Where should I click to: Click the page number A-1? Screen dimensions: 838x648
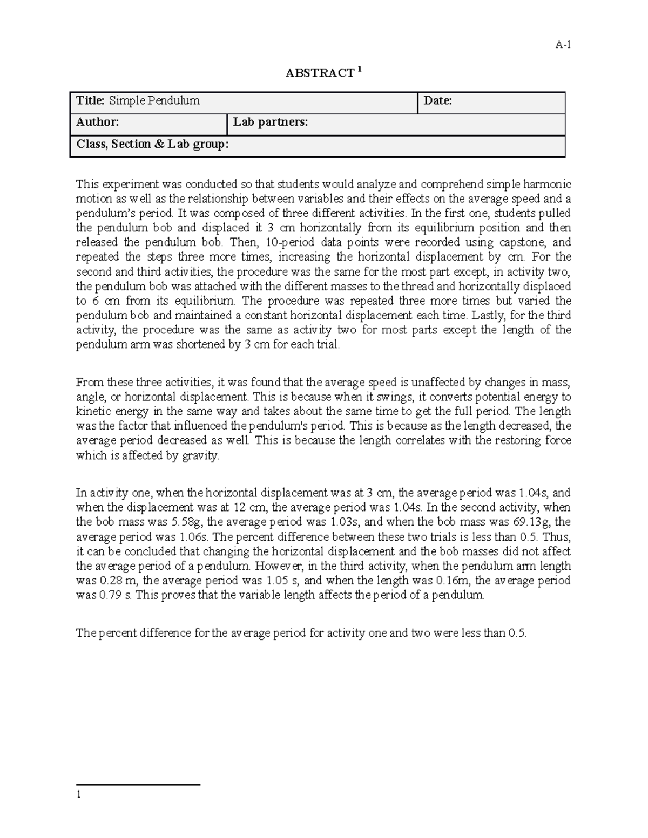click(x=563, y=45)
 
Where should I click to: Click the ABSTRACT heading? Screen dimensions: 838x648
click(x=320, y=73)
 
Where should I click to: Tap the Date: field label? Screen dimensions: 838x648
click(x=437, y=100)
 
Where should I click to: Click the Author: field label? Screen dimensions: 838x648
click(x=97, y=122)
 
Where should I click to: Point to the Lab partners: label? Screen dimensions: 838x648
click(x=271, y=122)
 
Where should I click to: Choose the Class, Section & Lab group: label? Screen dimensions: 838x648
click(x=152, y=144)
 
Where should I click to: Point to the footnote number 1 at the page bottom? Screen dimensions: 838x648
click(x=79, y=794)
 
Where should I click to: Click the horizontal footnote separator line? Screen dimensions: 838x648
click(x=138, y=785)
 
